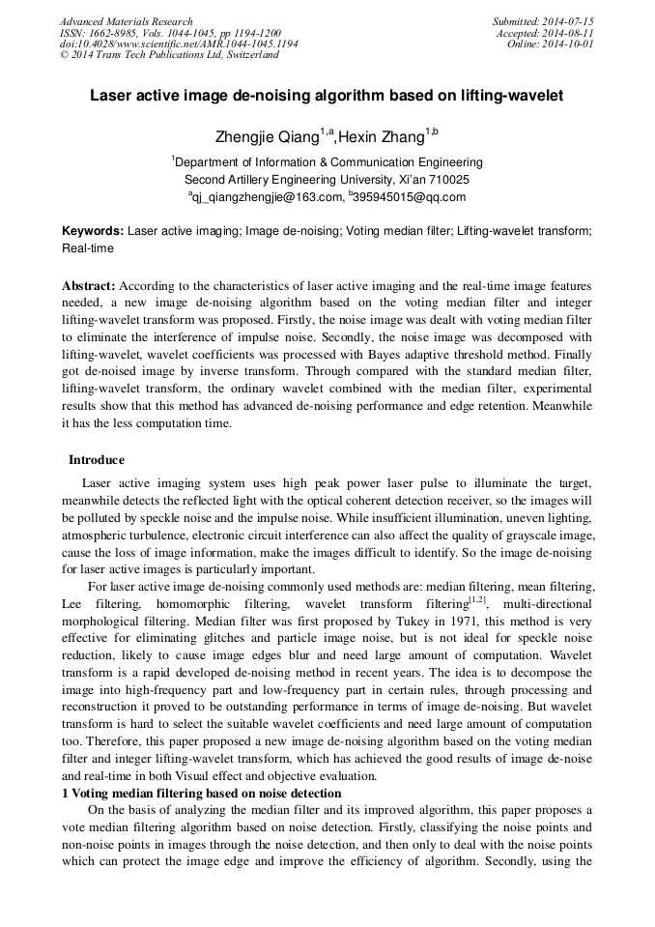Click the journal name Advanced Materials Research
click(x=126, y=21)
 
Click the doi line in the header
click(x=179, y=44)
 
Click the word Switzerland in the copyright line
click(x=248, y=55)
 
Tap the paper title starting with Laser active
click(x=327, y=97)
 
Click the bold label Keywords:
click(x=93, y=232)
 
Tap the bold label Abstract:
click(x=89, y=286)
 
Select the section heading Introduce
click(x=97, y=460)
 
